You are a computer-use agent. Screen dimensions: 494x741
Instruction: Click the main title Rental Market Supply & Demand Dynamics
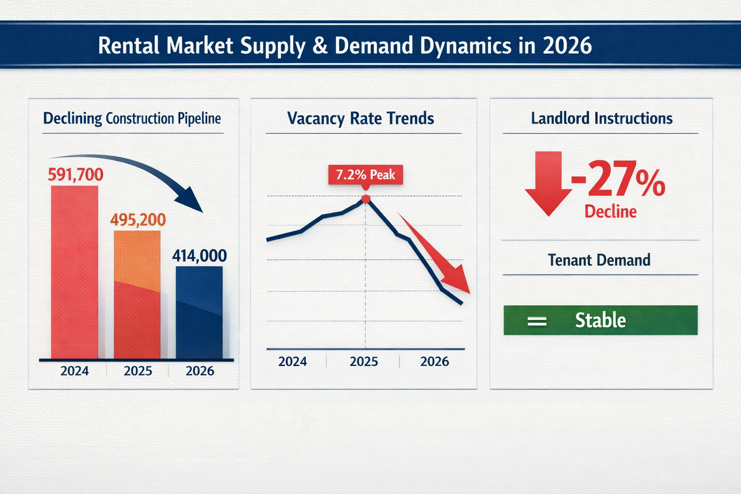click(x=344, y=46)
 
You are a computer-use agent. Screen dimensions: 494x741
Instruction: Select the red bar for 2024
click(x=74, y=273)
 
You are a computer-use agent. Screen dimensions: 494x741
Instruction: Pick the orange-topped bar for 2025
click(x=137, y=294)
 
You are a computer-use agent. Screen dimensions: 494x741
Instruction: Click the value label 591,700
click(x=76, y=175)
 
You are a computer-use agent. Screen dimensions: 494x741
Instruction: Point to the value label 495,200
click(x=138, y=220)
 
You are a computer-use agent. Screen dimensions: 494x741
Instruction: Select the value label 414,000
click(x=199, y=256)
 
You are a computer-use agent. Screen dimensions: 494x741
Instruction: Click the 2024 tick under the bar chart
click(x=74, y=370)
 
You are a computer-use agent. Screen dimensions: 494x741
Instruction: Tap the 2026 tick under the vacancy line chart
click(x=434, y=361)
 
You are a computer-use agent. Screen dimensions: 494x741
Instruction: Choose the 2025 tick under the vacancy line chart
click(x=364, y=361)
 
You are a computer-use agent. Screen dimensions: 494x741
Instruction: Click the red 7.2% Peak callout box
click(x=365, y=175)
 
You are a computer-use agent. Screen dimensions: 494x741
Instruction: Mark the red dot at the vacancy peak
click(x=366, y=199)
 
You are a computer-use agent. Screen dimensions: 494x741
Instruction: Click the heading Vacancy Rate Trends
click(x=360, y=119)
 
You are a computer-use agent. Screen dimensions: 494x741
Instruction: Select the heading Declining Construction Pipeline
click(x=132, y=119)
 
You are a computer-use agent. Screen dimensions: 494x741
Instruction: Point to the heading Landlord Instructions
click(x=602, y=119)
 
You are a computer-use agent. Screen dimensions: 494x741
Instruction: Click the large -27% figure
click(x=618, y=180)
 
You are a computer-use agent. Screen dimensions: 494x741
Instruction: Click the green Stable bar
click(x=600, y=320)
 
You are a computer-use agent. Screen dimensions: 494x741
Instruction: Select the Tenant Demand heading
click(x=599, y=261)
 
